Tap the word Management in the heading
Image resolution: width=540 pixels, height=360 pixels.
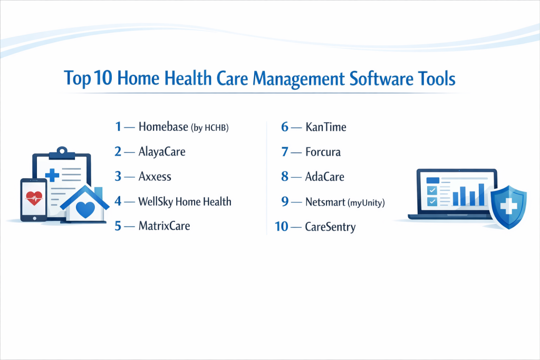point(298,80)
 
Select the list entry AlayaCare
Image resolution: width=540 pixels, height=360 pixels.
point(162,152)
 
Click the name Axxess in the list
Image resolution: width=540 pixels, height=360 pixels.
point(155,177)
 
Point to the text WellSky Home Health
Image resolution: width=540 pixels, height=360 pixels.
point(185,201)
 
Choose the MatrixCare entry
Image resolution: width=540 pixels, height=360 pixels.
point(165,226)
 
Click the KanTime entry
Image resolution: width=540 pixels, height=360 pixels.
point(326,127)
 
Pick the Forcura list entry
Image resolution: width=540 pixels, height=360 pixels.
point(323,152)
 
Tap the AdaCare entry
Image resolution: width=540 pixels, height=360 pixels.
point(325,177)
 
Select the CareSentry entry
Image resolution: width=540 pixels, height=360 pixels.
point(330,227)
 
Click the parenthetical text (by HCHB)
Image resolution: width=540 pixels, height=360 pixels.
point(210,128)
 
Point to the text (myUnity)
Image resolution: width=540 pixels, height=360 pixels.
point(366,203)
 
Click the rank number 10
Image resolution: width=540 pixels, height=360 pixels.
point(282,227)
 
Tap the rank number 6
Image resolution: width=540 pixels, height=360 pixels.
point(284,127)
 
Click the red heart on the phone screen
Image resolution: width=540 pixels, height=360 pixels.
point(34,198)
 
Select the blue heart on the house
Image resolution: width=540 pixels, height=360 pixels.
point(85,210)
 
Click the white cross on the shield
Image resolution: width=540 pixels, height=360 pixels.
point(508,207)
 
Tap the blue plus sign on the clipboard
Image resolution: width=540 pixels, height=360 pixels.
point(52,175)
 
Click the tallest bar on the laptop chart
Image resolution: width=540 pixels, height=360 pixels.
point(481,195)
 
